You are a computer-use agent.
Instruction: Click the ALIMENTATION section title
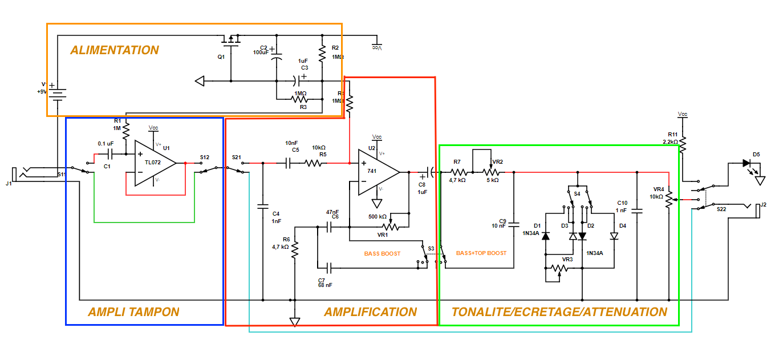(x=115, y=50)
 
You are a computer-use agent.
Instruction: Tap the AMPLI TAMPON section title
(x=133, y=312)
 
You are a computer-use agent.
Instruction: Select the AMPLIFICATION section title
(x=370, y=312)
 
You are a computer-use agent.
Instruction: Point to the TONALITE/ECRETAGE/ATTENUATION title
(x=559, y=312)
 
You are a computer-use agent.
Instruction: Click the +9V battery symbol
(x=57, y=91)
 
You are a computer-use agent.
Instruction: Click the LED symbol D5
(x=746, y=163)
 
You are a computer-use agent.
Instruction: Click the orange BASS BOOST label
(x=382, y=253)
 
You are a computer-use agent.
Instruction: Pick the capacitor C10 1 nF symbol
(x=637, y=211)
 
